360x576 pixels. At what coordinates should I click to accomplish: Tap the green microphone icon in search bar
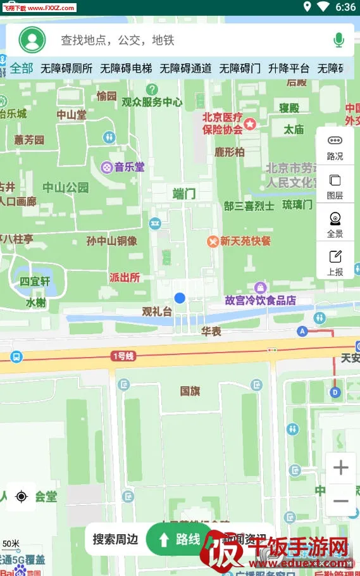[338, 41]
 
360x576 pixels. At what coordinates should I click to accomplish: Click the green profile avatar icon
[32, 40]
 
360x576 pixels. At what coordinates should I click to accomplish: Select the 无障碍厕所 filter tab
[66, 68]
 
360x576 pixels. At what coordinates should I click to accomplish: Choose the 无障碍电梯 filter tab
[126, 68]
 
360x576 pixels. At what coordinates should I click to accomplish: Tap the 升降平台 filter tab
[289, 68]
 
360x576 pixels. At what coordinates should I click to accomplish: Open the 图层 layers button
[335, 186]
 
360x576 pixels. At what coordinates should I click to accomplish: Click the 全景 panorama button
[335, 224]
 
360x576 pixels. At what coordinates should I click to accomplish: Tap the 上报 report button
[335, 262]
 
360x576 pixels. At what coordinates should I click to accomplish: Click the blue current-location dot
[180, 297]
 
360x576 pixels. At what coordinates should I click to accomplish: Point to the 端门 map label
[184, 194]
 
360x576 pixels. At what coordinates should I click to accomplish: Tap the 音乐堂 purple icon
[107, 167]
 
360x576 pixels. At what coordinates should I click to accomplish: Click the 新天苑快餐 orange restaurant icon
[213, 241]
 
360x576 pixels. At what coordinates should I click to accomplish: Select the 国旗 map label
[190, 391]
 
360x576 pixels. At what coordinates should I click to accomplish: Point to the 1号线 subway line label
[123, 356]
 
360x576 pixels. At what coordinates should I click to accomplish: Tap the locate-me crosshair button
[22, 497]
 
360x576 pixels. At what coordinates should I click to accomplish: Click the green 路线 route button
[180, 539]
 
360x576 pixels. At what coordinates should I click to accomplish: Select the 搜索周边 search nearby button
[115, 539]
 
